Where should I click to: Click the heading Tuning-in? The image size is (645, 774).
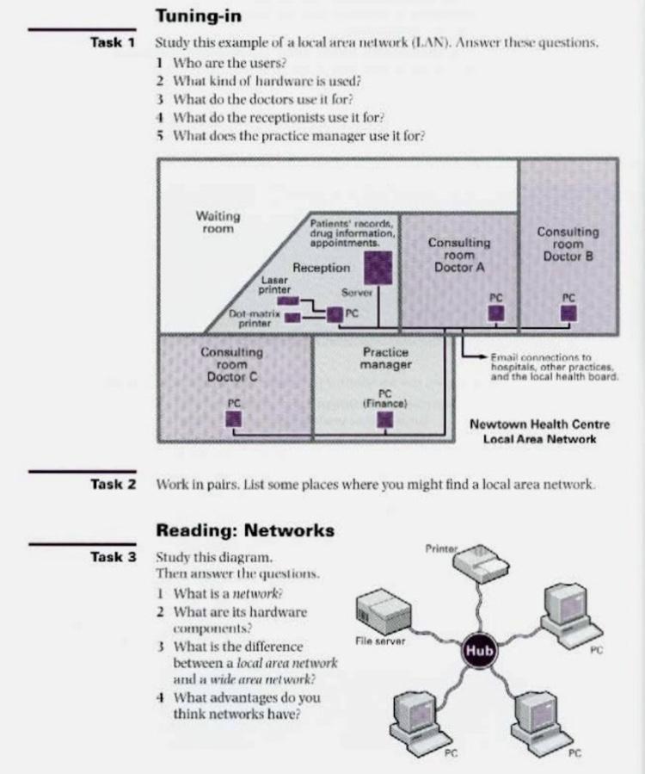199,15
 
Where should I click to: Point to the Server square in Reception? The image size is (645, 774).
378,269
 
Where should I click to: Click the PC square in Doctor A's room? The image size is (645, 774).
495,313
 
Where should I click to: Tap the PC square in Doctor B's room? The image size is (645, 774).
568,313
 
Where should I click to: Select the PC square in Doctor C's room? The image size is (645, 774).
234,418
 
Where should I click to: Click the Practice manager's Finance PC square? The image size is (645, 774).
385,419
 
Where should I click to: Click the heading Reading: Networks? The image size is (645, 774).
245,530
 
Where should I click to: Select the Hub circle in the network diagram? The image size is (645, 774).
479,651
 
